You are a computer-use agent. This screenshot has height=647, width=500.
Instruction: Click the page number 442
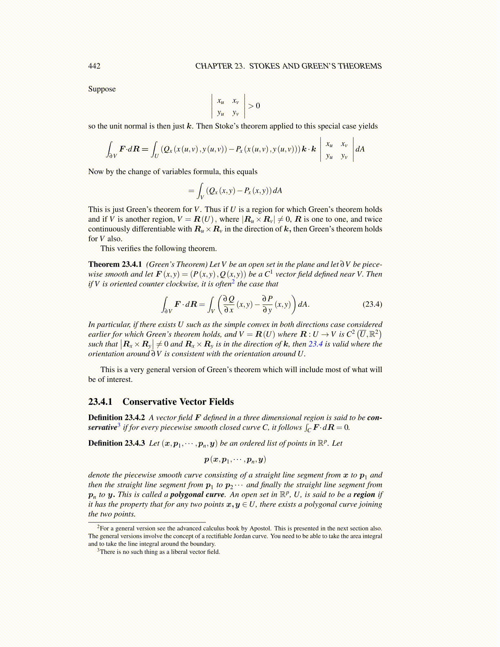(94, 66)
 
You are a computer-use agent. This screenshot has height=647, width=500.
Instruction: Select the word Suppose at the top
(102, 89)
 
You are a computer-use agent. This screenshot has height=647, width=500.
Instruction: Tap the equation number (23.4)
(372, 304)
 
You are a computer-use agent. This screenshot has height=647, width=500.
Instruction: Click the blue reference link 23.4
(315, 344)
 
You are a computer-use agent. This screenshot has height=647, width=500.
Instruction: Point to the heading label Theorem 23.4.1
(115, 264)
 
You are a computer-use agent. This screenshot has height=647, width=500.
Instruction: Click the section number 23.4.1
(100, 402)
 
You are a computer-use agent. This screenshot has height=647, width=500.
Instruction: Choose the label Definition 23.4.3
(116, 443)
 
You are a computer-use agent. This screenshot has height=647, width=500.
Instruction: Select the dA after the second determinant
(360, 149)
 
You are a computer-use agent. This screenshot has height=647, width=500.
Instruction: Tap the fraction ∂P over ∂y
(267, 304)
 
